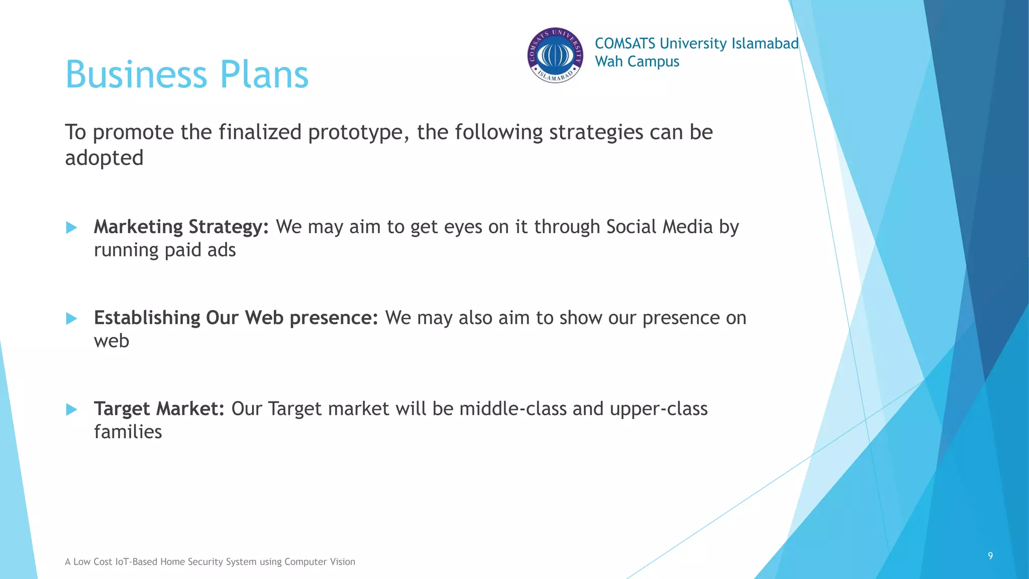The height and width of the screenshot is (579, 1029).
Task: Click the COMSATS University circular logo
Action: tap(555, 55)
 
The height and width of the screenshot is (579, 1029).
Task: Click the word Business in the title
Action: tap(136, 74)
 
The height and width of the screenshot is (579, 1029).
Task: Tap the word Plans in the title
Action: tap(264, 74)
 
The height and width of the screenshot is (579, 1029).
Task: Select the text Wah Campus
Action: tap(637, 62)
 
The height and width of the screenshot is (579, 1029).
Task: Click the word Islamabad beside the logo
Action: tap(765, 44)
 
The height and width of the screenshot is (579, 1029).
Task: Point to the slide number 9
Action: tap(990, 555)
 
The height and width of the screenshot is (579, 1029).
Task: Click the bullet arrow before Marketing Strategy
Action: tap(71, 228)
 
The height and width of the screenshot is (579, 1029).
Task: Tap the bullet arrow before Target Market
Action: tap(71, 410)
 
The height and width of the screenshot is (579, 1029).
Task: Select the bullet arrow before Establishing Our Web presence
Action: tap(71, 319)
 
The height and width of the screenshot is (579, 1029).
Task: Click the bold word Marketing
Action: tap(138, 227)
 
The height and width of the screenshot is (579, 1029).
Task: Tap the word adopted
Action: tap(104, 158)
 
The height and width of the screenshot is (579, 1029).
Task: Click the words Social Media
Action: tap(659, 227)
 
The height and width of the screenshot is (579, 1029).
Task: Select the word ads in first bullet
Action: tap(222, 250)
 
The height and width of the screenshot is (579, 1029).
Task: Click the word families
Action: tap(128, 432)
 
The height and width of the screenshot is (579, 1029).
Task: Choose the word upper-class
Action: tap(658, 409)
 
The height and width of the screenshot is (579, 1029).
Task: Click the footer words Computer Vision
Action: tap(320, 562)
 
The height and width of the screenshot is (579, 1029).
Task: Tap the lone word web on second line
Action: tap(112, 341)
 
